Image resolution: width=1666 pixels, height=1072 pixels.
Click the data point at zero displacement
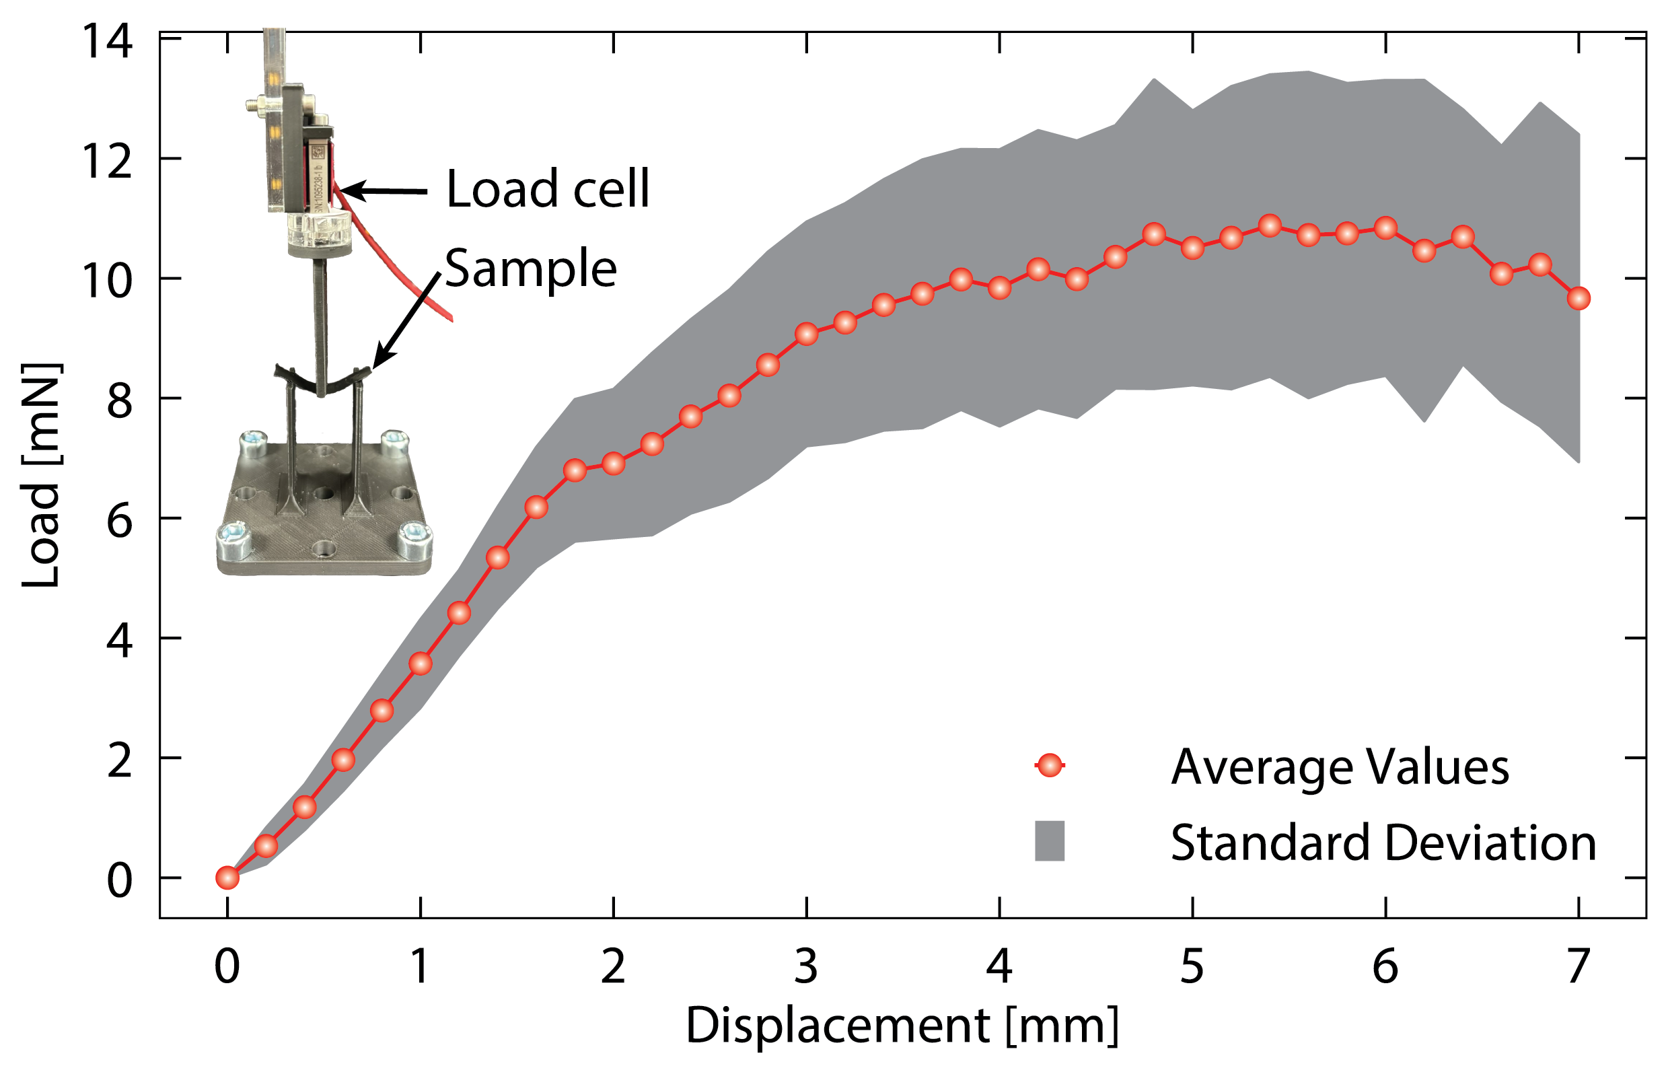(227, 878)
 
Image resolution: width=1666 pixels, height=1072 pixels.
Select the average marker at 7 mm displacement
(1579, 298)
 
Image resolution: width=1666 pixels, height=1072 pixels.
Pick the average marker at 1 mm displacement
(421, 664)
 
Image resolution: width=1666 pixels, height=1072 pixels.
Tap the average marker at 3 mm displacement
(807, 334)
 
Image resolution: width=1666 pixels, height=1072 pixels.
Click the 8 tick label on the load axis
(119, 402)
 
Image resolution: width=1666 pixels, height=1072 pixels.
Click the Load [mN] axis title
(40, 476)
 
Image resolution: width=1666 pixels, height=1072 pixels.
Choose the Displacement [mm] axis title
(902, 1026)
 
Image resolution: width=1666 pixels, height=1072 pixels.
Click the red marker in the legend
(1050, 765)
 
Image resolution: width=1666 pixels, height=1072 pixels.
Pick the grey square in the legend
(1050, 841)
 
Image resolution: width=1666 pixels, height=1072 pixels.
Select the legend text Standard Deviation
(1383, 843)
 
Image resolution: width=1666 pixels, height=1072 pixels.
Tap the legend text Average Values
(1340, 767)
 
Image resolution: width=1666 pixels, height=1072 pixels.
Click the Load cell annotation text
(548, 189)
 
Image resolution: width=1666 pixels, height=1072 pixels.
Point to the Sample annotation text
(531, 269)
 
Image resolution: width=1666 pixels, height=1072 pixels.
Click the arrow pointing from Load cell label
(383, 190)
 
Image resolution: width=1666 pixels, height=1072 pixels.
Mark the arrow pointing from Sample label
(407, 320)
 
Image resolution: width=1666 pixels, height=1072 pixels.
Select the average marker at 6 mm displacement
(1385, 227)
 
